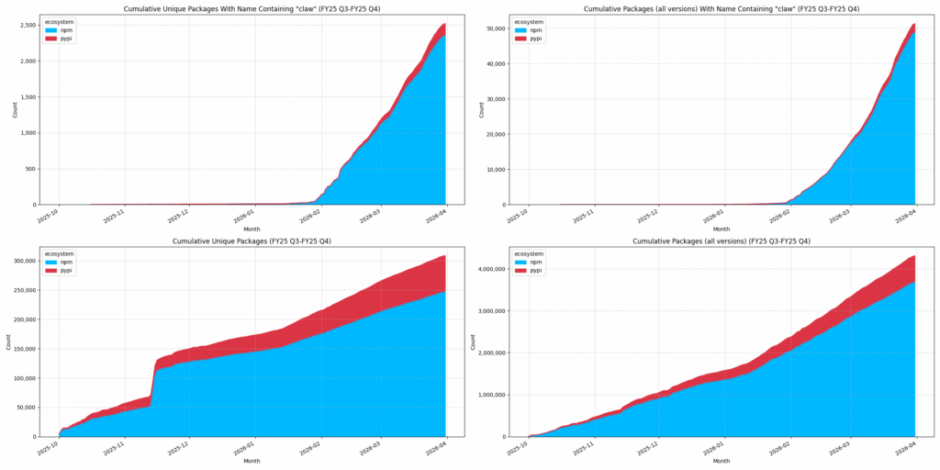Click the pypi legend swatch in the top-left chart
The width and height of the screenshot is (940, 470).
(x=51, y=39)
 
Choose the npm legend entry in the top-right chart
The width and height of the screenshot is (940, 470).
(x=530, y=30)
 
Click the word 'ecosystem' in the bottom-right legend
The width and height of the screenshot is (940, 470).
(x=530, y=253)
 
